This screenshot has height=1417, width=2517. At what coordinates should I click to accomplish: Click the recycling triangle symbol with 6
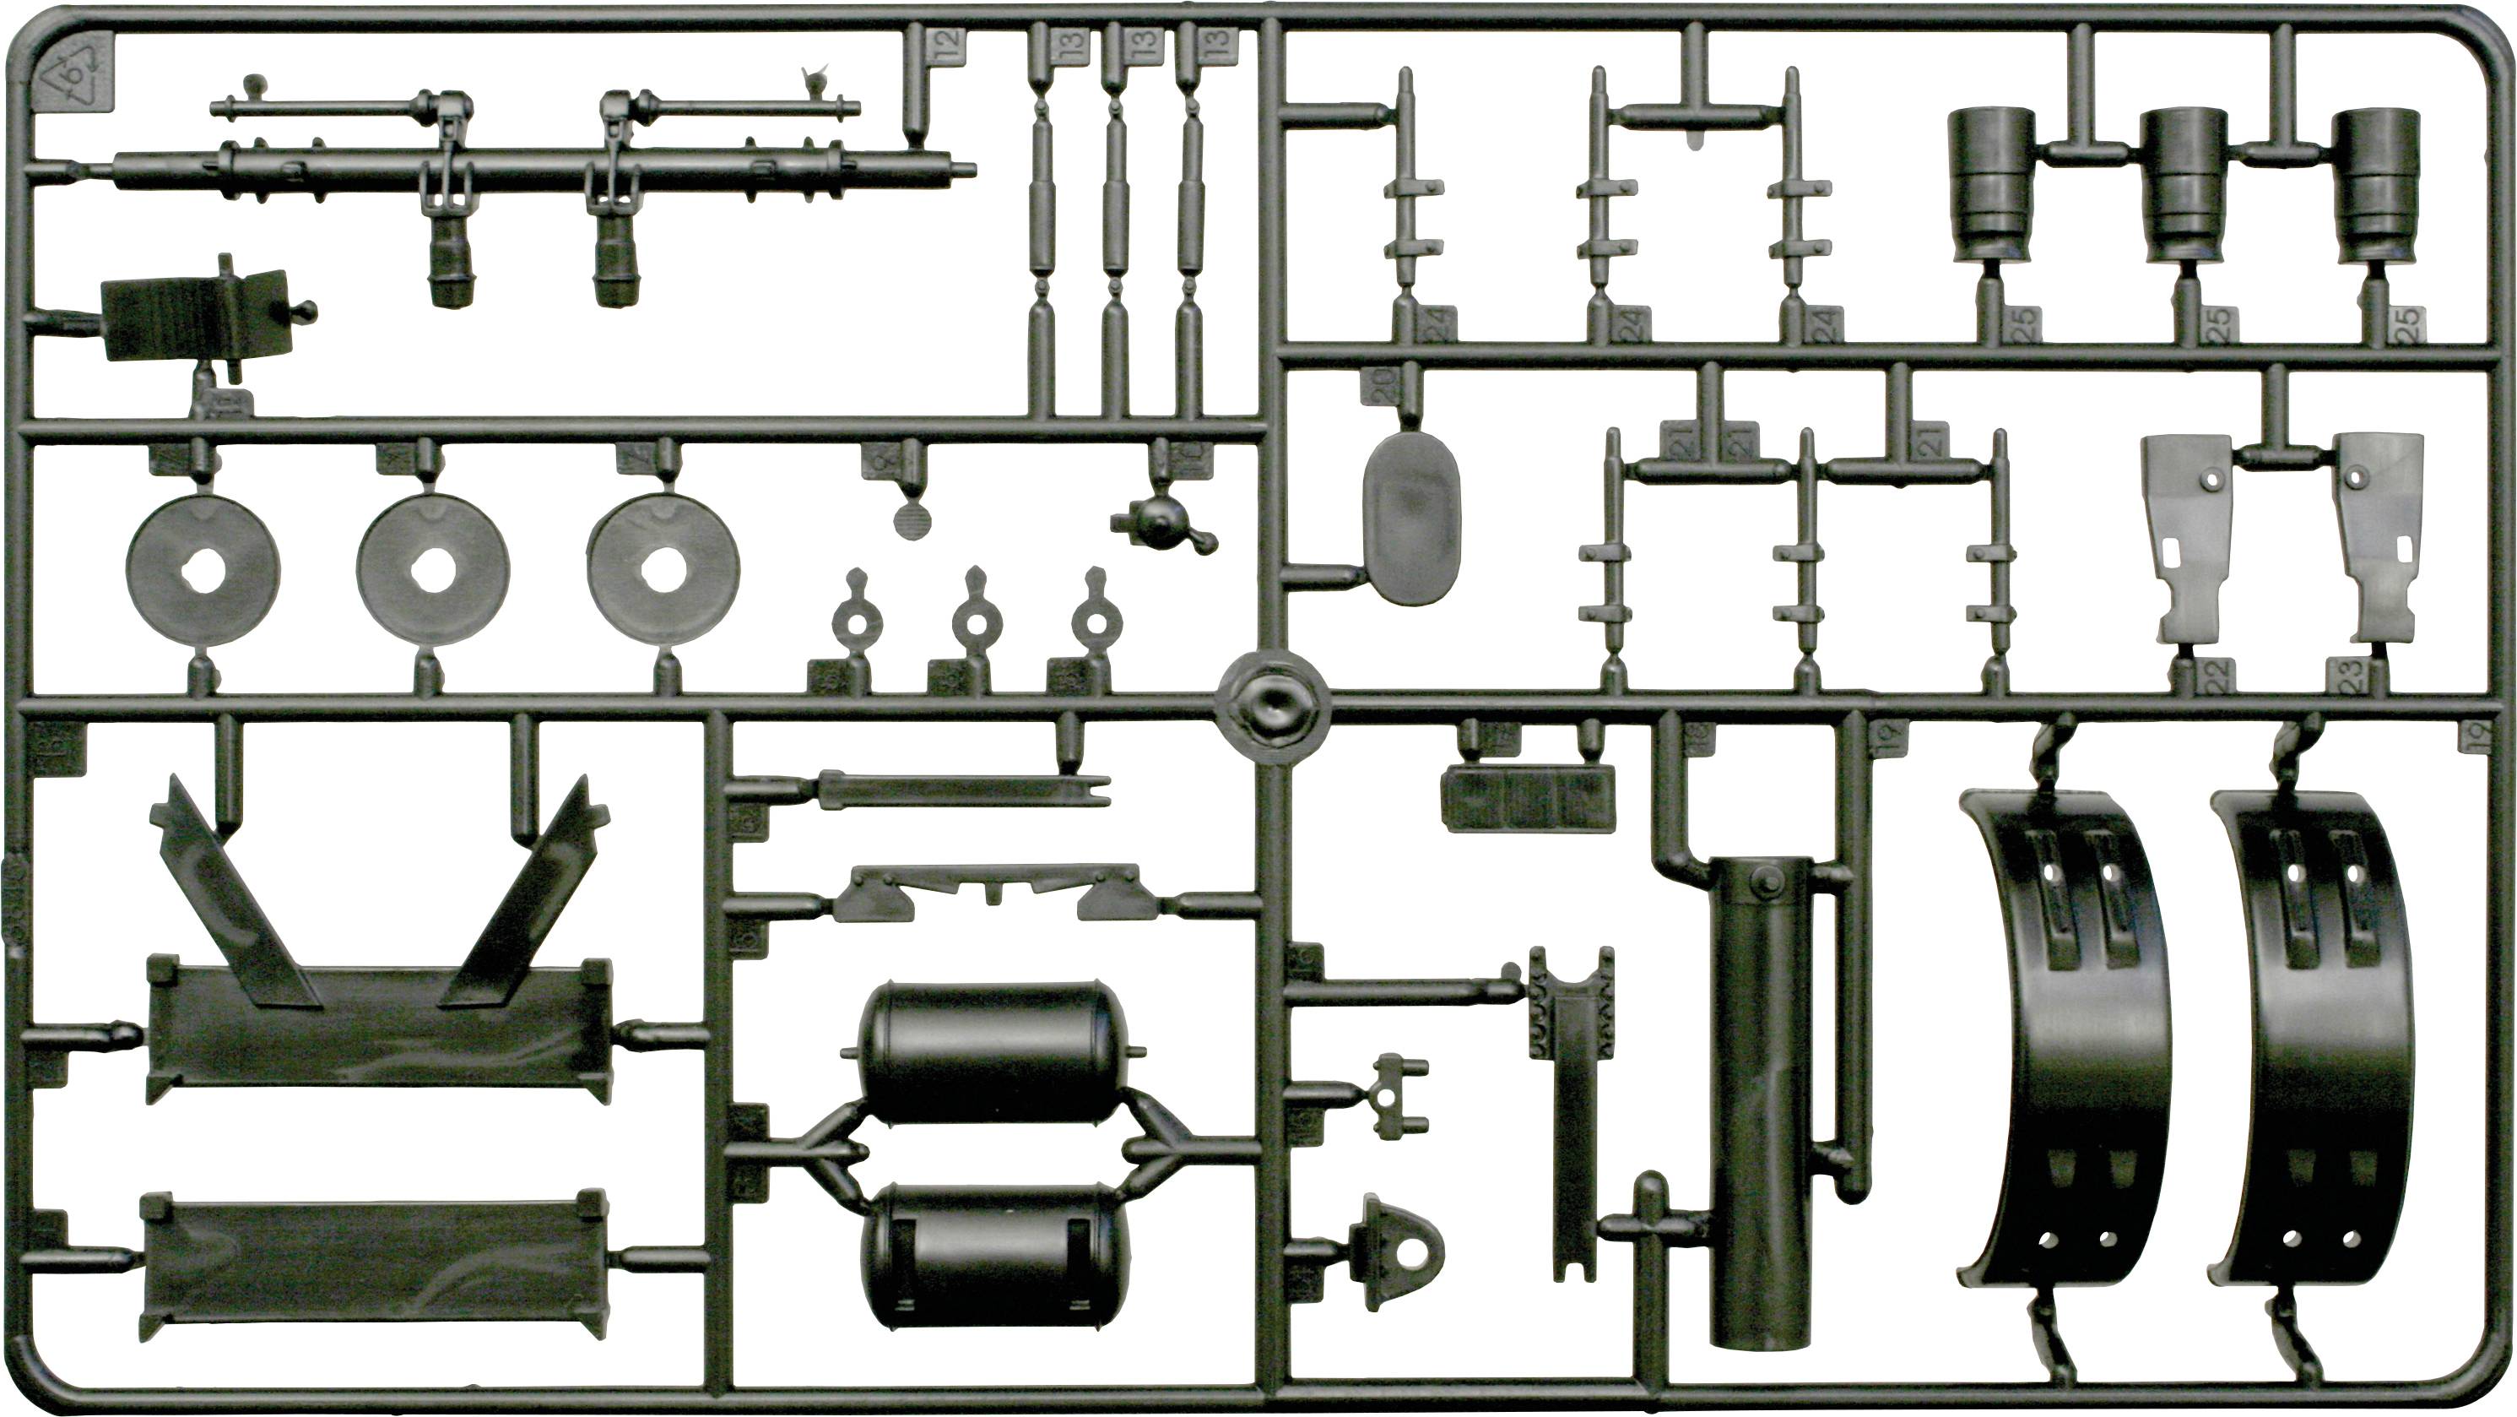tap(73, 74)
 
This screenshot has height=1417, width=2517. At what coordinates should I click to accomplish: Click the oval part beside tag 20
tap(1412, 518)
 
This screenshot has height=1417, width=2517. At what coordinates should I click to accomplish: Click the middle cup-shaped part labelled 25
tap(2184, 186)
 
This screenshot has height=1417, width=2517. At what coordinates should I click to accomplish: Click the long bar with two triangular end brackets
tap(987, 891)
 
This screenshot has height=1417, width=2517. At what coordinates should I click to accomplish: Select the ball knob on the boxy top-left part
tap(306, 312)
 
